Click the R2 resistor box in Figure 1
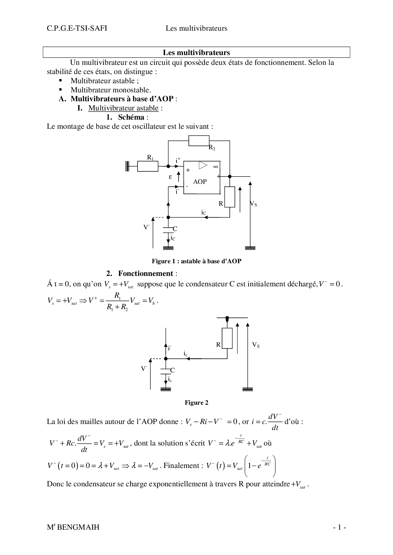click(x=199, y=140)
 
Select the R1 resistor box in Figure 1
click(x=148, y=166)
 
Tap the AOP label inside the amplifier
click(x=200, y=182)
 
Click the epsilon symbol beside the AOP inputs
click(x=170, y=177)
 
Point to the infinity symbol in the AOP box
click(x=216, y=166)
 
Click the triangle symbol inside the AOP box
click(x=203, y=165)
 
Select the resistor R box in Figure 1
click(x=229, y=197)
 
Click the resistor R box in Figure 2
click(x=227, y=338)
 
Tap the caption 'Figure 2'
click(x=196, y=402)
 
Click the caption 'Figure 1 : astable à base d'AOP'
click(x=196, y=261)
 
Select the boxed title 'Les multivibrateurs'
click(x=196, y=53)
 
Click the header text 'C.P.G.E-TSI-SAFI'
click(x=77, y=28)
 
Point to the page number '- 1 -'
click(x=339, y=527)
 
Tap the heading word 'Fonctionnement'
click(x=146, y=273)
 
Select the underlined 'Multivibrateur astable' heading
click(x=123, y=108)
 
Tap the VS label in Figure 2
click(x=256, y=345)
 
